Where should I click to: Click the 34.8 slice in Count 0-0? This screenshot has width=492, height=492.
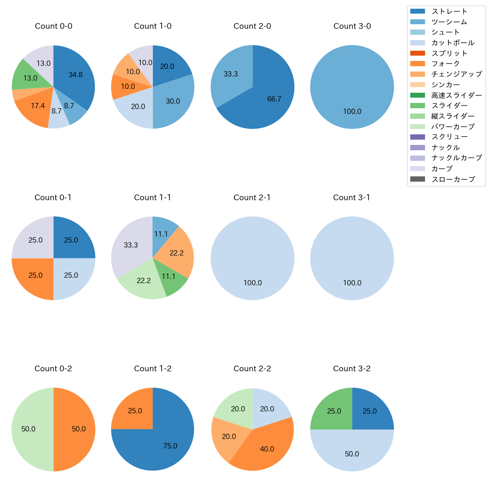76,75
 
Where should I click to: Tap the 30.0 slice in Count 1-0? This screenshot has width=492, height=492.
173,101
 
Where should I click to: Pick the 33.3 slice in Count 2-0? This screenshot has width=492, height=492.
230,74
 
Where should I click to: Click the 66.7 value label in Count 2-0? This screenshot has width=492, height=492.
274,99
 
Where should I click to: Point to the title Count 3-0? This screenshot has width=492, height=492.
352,26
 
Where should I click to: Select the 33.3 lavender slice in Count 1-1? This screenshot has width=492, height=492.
131,245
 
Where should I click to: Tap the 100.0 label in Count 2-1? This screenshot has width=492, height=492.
252,283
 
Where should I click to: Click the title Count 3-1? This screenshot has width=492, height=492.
352,198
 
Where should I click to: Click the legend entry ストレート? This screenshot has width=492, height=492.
449,11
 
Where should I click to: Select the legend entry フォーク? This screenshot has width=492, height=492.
445,64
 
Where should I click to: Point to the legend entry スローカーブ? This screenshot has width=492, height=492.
453,179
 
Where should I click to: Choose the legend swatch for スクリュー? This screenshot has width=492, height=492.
417,137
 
